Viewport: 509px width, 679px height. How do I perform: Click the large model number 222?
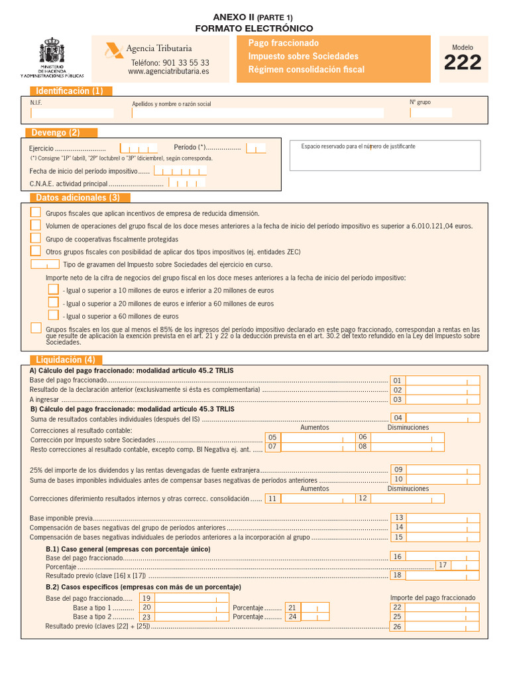pyautogui.click(x=463, y=63)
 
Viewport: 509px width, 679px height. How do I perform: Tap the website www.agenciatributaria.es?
pyautogui.click(x=168, y=72)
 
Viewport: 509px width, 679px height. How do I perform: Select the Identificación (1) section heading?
pyautogui.click(x=70, y=91)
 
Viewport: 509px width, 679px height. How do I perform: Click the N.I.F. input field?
pyautogui.click(x=72, y=113)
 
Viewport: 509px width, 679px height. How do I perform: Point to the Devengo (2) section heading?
pyautogui.click(x=60, y=133)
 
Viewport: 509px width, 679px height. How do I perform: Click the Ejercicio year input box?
pyautogui.click(x=138, y=148)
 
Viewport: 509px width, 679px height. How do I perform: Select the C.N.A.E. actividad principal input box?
pyautogui.click(x=187, y=183)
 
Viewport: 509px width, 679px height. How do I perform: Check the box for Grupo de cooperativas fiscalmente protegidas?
pyautogui.click(x=36, y=238)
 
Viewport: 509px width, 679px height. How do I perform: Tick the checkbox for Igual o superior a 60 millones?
pyautogui.click(x=53, y=315)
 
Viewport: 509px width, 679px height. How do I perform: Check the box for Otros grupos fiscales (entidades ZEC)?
pyautogui.click(x=36, y=251)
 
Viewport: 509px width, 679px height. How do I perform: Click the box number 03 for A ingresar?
pyautogui.click(x=398, y=400)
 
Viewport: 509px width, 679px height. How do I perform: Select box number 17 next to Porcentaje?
pyautogui.click(x=443, y=565)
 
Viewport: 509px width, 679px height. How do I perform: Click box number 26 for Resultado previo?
pyautogui.click(x=398, y=627)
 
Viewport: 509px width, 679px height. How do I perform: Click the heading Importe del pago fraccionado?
pyautogui.click(x=432, y=597)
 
